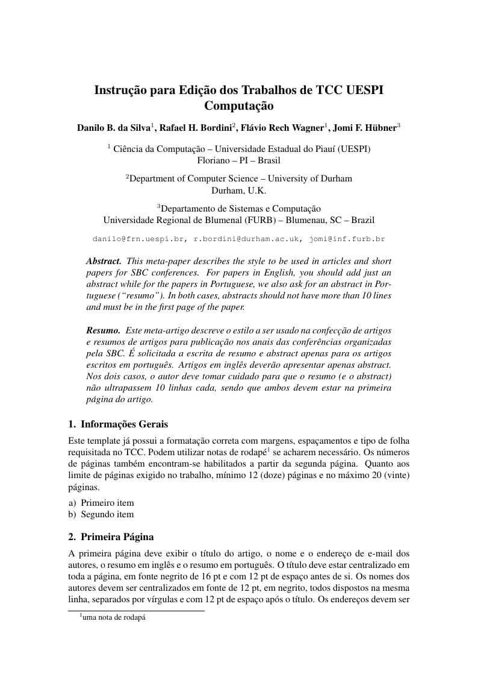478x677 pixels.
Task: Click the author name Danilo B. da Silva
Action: coord(114,128)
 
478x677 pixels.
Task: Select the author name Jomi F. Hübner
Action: coord(364,128)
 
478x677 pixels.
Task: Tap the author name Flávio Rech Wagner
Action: coord(282,128)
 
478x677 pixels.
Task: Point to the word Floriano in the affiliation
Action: coord(214,160)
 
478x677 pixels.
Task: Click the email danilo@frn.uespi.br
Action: coord(138,239)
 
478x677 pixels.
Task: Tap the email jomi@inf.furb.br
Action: coord(347,239)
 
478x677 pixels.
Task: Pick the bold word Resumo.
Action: coord(103,330)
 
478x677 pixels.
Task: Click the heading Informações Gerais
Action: coord(124,424)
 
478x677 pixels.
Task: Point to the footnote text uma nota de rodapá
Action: coord(114,617)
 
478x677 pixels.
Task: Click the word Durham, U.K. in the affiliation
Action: coord(239,191)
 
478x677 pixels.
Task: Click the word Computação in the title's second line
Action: coord(239,106)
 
